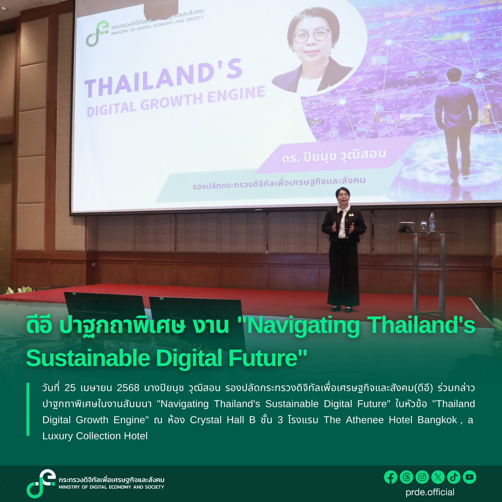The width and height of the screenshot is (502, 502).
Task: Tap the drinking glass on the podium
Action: [x=424, y=226]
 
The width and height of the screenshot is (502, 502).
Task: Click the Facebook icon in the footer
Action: [x=390, y=477]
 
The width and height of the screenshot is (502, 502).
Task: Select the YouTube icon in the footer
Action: [x=469, y=477]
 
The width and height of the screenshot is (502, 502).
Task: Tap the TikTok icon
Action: [x=454, y=477]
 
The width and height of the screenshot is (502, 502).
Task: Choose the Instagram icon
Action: [x=422, y=477]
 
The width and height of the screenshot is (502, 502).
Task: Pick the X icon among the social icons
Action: [x=438, y=477]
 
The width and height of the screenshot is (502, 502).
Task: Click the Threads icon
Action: [x=406, y=477]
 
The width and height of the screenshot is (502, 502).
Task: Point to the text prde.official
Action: [x=430, y=492]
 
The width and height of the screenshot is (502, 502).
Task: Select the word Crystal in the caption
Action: [x=206, y=420]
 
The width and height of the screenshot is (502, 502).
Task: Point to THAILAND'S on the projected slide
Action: [x=164, y=78]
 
